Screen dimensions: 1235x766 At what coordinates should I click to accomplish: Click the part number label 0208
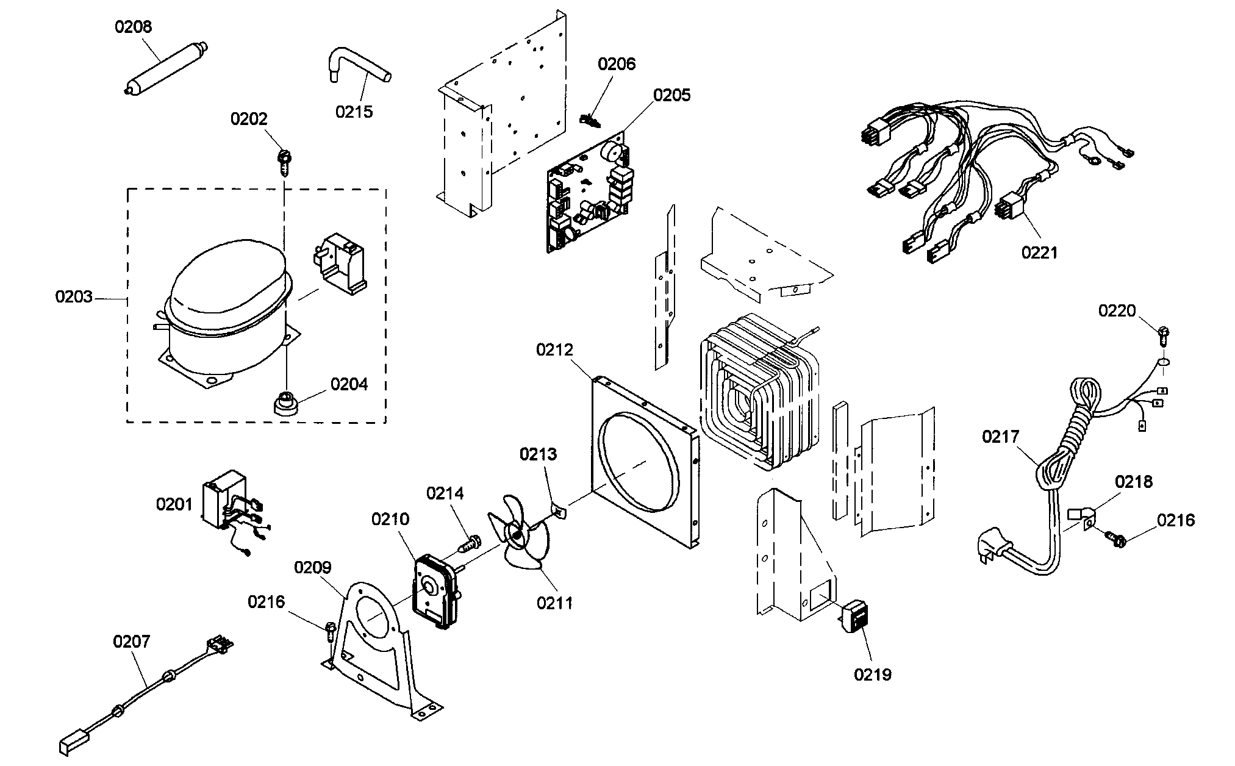[x=134, y=27]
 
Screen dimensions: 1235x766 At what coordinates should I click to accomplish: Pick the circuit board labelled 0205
[x=589, y=192]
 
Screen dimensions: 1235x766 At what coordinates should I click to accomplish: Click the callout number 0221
[x=1040, y=251]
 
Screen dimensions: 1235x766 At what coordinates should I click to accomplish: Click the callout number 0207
[x=132, y=642]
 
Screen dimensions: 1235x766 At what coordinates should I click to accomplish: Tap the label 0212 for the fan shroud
[x=555, y=350]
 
